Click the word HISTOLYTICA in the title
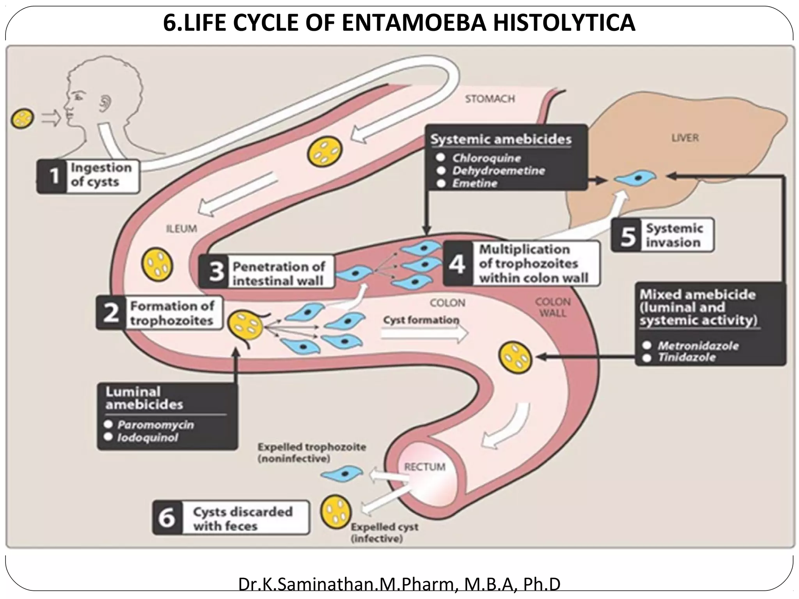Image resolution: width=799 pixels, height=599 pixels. point(564,23)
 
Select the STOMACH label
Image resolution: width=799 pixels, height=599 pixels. point(490,99)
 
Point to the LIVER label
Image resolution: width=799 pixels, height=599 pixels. point(685,138)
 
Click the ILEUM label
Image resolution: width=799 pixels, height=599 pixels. point(181,229)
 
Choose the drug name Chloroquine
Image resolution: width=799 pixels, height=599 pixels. point(486,158)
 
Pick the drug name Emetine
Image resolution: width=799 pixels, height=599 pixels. point(474,183)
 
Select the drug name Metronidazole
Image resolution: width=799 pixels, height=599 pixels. point(698,346)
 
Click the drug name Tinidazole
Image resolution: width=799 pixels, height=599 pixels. point(687,357)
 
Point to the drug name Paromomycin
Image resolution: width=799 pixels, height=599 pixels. point(155,425)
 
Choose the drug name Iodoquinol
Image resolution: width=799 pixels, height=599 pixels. point(147,437)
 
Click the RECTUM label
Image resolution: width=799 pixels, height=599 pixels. point(424,467)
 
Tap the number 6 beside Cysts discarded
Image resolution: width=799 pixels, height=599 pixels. point(167,518)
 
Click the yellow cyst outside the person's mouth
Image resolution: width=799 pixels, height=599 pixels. point(23,118)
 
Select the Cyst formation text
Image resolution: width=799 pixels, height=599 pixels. point(421,320)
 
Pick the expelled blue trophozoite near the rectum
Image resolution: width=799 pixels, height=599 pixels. point(341,473)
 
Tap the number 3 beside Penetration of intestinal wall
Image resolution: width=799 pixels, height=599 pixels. point(215,272)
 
